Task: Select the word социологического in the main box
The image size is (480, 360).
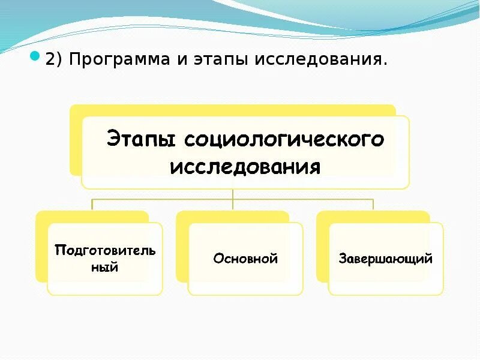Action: tap(283, 140)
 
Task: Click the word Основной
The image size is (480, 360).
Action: tap(245, 259)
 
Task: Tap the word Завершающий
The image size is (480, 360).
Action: tap(386, 259)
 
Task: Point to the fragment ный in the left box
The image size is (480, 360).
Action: tap(104, 267)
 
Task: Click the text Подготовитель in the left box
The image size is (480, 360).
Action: tap(105, 250)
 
